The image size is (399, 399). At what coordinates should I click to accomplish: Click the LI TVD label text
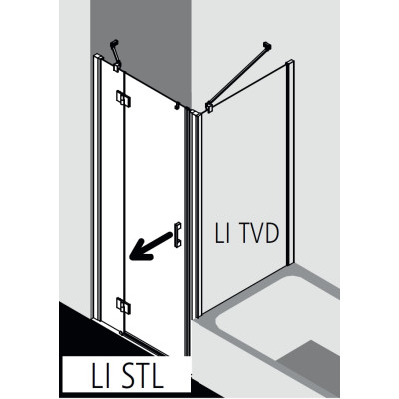point(247,233)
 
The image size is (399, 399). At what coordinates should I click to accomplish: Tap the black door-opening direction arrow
point(151,246)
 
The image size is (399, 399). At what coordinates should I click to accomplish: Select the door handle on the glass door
point(177,234)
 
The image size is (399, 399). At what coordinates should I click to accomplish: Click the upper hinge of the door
point(123,98)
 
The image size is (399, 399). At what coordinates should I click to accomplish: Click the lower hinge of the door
point(123,305)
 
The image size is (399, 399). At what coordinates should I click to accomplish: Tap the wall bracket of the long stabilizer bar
point(267,47)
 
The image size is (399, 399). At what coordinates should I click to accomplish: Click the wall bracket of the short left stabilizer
point(114,44)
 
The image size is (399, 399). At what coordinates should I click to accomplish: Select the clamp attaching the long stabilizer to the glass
point(209,107)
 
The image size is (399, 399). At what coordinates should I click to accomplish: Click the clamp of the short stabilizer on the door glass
point(117,66)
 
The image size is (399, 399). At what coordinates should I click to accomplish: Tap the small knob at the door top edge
point(177,105)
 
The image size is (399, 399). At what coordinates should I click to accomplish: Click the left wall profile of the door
point(97,187)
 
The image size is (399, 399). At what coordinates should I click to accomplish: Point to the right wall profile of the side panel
point(290,162)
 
